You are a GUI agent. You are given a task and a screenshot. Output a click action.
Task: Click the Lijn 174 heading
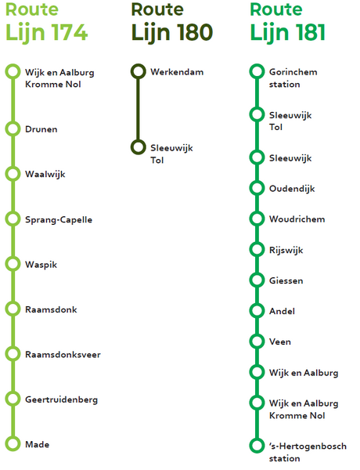[47, 32]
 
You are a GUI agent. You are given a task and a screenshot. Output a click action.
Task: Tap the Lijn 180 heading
[172, 32]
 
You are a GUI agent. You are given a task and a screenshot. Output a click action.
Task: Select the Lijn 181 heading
[287, 32]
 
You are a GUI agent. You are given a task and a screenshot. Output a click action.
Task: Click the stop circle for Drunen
[13, 128]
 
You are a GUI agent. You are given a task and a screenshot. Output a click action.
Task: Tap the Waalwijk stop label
[45, 175]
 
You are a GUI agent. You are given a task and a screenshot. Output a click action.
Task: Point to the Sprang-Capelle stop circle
[13, 219]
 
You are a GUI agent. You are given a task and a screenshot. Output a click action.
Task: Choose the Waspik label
[41, 265]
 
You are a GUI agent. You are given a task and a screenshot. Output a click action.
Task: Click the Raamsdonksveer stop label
[63, 355]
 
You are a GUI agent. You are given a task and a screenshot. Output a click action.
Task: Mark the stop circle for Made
[13, 444]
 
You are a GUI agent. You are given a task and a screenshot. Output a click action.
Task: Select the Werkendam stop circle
[138, 71]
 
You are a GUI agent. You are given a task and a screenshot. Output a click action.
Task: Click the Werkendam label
[177, 72]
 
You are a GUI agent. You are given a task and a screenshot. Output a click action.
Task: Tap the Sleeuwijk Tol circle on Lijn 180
[138, 147]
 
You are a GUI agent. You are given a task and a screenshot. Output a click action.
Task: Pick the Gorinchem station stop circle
[257, 71]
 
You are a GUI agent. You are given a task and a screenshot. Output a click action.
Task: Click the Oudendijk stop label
[292, 189]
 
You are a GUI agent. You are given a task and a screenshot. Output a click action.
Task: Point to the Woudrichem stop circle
[257, 219]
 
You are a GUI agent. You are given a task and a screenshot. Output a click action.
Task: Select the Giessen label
[286, 280]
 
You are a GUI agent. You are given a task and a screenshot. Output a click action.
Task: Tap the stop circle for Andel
[257, 310]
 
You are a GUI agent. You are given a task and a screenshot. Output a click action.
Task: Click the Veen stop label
[280, 342]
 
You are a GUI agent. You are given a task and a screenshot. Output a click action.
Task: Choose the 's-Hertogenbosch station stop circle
[257, 446]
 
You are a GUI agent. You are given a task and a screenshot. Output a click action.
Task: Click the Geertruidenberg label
[61, 399]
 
